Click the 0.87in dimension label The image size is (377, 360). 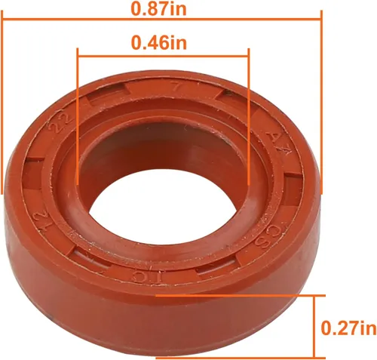click(x=161, y=8)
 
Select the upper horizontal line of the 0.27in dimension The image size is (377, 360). click(x=249, y=297)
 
